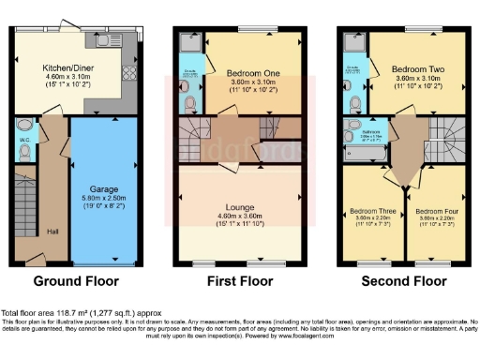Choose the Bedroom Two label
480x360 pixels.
pos(413,70)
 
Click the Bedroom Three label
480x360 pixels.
pos(367,212)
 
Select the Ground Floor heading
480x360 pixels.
pos(75,280)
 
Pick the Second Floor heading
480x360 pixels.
pos(404,280)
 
